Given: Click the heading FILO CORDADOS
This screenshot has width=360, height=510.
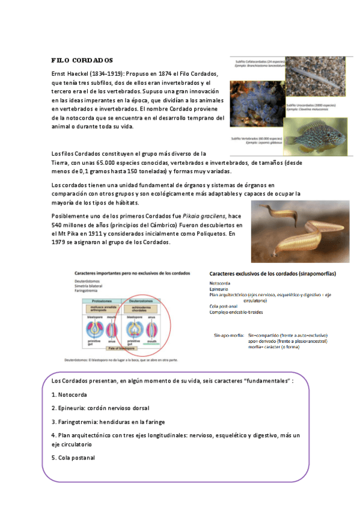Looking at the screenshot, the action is [82, 61].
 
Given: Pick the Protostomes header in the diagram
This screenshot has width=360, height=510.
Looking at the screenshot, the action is [100, 300].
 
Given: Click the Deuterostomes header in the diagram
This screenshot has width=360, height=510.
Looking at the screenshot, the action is [140, 300].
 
